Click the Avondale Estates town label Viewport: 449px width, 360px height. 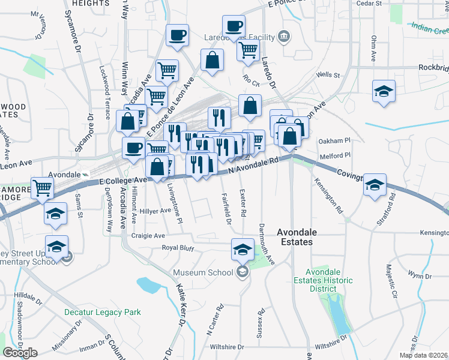295,236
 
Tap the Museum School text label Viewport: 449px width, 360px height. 203,273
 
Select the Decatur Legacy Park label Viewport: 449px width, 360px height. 103,312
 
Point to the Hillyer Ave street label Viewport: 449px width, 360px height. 155,211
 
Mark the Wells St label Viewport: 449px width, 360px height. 328,75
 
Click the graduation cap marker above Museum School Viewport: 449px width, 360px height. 243,249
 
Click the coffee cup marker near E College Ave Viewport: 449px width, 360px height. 133,148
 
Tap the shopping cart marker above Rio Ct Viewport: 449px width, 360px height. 248,52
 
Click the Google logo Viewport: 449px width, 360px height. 20,353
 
